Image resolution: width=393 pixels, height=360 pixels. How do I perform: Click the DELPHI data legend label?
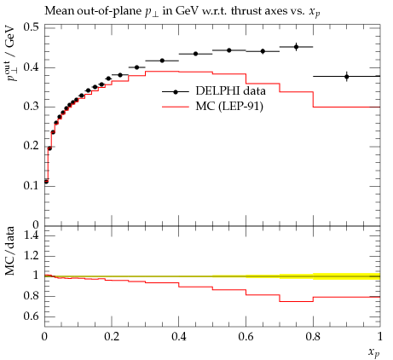click(x=230, y=91)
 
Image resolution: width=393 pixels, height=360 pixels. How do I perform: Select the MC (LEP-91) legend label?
click(x=229, y=107)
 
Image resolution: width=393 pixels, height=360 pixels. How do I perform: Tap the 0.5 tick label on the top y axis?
click(x=32, y=27)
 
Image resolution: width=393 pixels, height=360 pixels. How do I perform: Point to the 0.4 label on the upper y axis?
click(x=32, y=67)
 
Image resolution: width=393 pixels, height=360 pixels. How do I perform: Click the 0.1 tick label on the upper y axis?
click(x=32, y=186)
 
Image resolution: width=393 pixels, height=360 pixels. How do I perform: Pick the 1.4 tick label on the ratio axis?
click(x=32, y=235)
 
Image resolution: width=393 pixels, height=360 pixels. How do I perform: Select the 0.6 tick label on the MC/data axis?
click(x=32, y=316)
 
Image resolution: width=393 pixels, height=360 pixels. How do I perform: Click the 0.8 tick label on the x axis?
click(x=313, y=337)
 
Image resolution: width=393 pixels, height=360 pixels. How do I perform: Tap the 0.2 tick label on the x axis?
click(x=112, y=337)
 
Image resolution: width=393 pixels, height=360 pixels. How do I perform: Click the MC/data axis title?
click(x=9, y=251)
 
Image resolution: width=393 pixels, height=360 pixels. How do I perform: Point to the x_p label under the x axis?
click(x=374, y=352)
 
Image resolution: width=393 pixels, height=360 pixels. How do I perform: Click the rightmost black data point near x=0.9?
click(x=347, y=77)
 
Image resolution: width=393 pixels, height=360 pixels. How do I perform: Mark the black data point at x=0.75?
click(x=297, y=47)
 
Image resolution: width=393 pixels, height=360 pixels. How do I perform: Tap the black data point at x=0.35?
click(x=162, y=61)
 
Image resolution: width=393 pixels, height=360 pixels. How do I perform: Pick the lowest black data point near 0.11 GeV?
click(x=46, y=182)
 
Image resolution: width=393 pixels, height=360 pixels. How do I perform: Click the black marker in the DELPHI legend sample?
click(x=176, y=91)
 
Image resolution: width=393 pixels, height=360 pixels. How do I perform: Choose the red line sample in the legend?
click(x=176, y=107)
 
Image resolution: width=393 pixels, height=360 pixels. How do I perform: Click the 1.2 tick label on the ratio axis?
click(x=32, y=255)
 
